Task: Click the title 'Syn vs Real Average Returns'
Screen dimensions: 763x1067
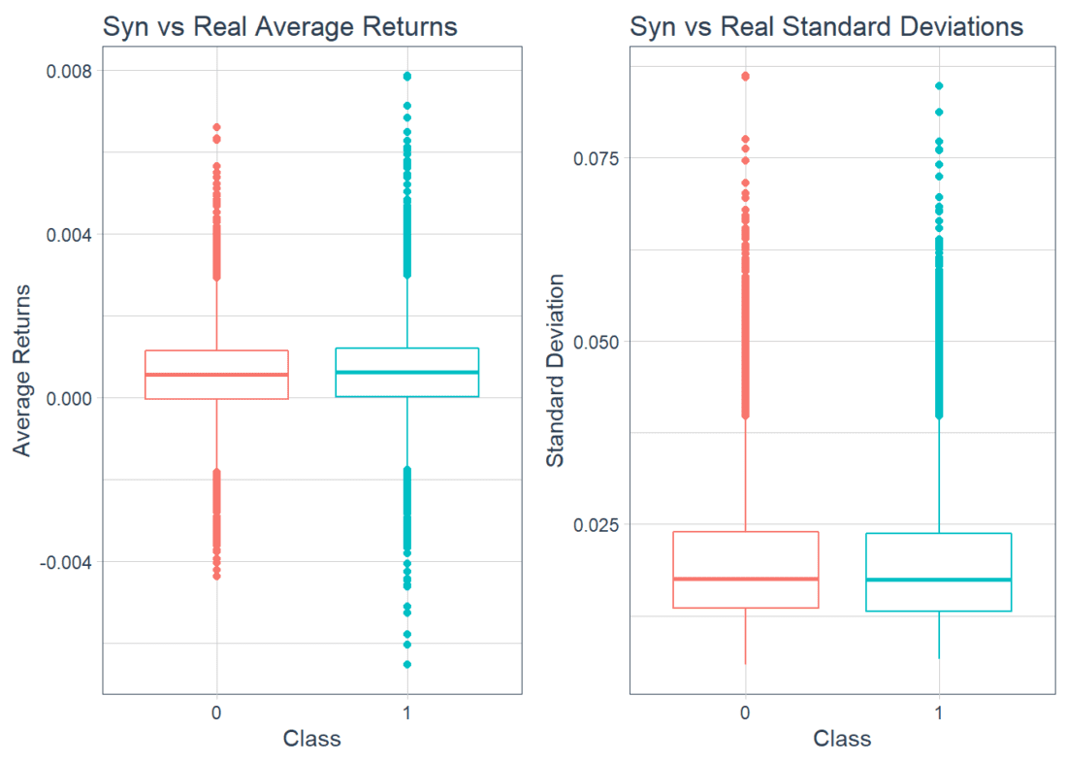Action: point(279,27)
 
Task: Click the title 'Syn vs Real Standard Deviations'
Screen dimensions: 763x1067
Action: point(826,27)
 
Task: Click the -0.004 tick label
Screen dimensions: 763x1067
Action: point(63,562)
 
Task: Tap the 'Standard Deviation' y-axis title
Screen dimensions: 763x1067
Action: point(555,370)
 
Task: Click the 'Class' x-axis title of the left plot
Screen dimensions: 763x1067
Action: point(311,739)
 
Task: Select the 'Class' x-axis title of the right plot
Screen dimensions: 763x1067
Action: point(842,739)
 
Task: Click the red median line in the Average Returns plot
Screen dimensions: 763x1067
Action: point(216,375)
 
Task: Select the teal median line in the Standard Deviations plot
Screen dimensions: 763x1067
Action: point(939,580)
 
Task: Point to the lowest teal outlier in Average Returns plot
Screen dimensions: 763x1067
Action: point(407,665)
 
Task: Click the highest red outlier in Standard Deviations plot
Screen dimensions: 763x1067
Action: point(745,76)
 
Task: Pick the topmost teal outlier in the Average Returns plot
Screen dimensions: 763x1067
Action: point(407,76)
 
